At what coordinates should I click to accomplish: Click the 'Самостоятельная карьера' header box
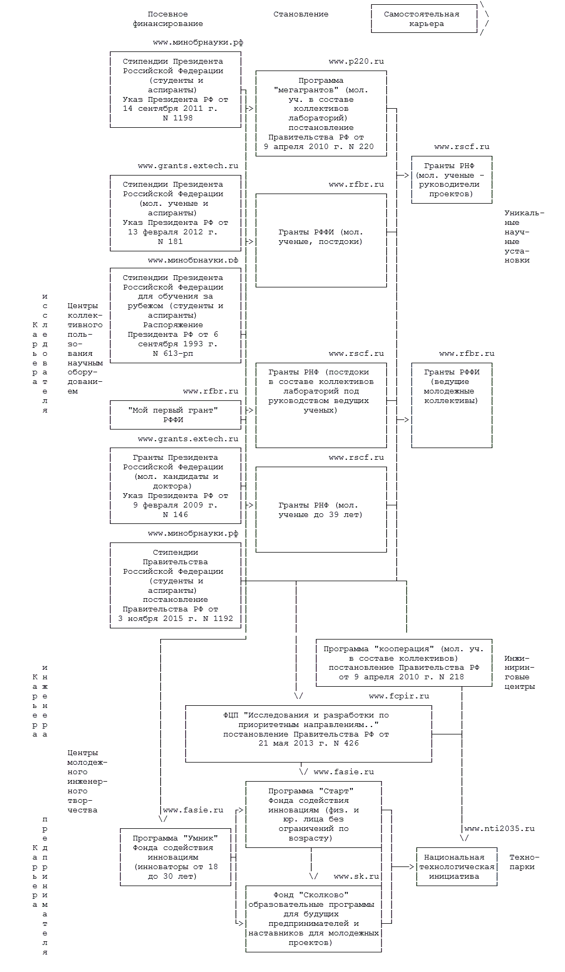point(424,19)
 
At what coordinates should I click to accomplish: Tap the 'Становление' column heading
point(301,14)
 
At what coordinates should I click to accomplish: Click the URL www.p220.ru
point(356,62)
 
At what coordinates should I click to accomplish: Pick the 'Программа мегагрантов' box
point(321,113)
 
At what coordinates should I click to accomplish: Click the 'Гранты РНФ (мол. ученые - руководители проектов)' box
point(451,180)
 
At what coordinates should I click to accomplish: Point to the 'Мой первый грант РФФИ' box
point(175,415)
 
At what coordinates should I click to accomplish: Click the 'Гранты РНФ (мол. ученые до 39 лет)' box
point(321,510)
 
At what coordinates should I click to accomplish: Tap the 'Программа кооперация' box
point(404,663)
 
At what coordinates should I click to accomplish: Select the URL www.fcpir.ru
point(399,696)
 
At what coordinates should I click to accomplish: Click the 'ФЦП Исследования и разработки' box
point(309,733)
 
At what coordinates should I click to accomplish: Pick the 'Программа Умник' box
point(175,857)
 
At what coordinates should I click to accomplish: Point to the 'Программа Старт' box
point(314,814)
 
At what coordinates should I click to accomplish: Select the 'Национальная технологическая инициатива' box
point(457,866)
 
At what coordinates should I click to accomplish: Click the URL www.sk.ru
point(357,877)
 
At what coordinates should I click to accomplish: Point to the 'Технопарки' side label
point(524,862)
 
